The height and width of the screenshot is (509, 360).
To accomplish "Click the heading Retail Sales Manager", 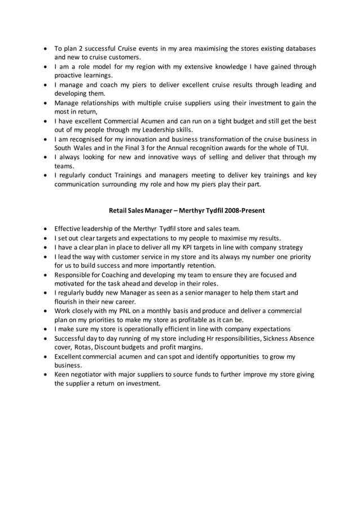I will click(x=139, y=210).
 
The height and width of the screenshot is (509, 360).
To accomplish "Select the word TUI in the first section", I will click(x=302, y=148).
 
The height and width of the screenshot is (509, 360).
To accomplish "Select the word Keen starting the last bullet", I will click(x=63, y=375).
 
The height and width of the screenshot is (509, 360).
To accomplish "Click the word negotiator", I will click(x=90, y=375).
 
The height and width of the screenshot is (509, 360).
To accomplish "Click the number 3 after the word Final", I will click(x=147, y=148).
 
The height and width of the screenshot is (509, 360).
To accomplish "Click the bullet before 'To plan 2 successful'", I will click(x=45, y=49).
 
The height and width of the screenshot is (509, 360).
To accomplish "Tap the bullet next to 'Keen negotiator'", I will click(x=45, y=375).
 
